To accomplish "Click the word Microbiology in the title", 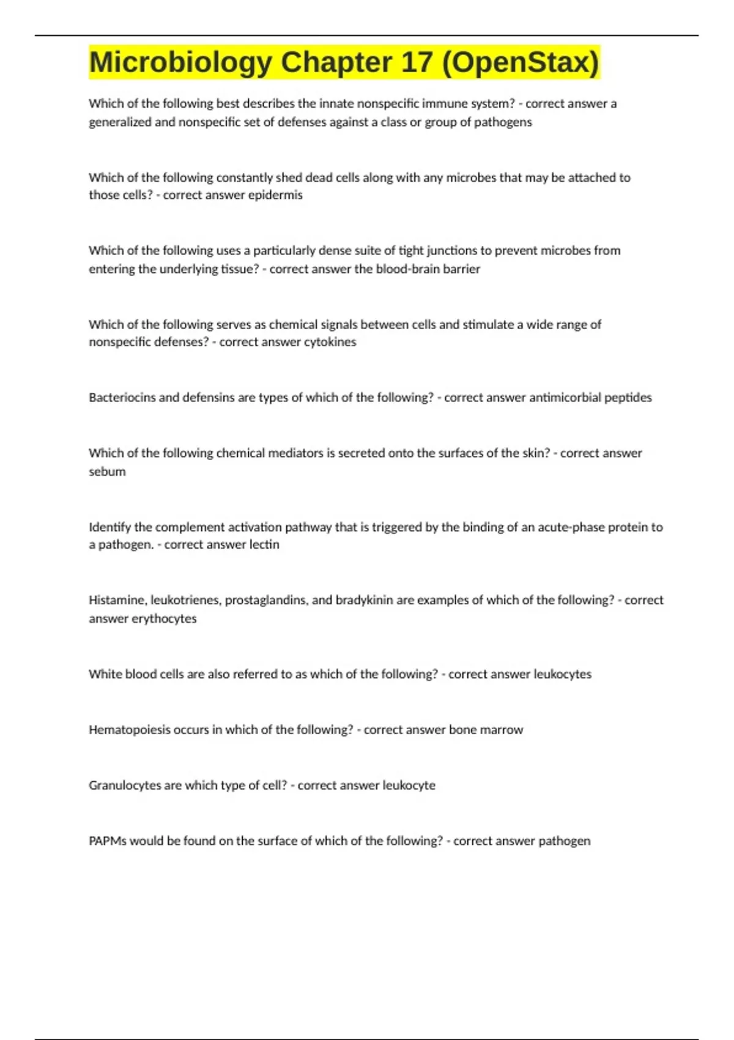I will click(x=180, y=62).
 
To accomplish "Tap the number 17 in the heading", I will click(x=417, y=62).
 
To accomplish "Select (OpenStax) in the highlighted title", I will click(x=521, y=62).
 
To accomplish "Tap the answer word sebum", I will click(x=107, y=472).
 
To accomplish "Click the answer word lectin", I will click(x=264, y=544).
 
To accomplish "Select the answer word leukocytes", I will click(x=563, y=674).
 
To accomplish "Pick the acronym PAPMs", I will click(x=108, y=841).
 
